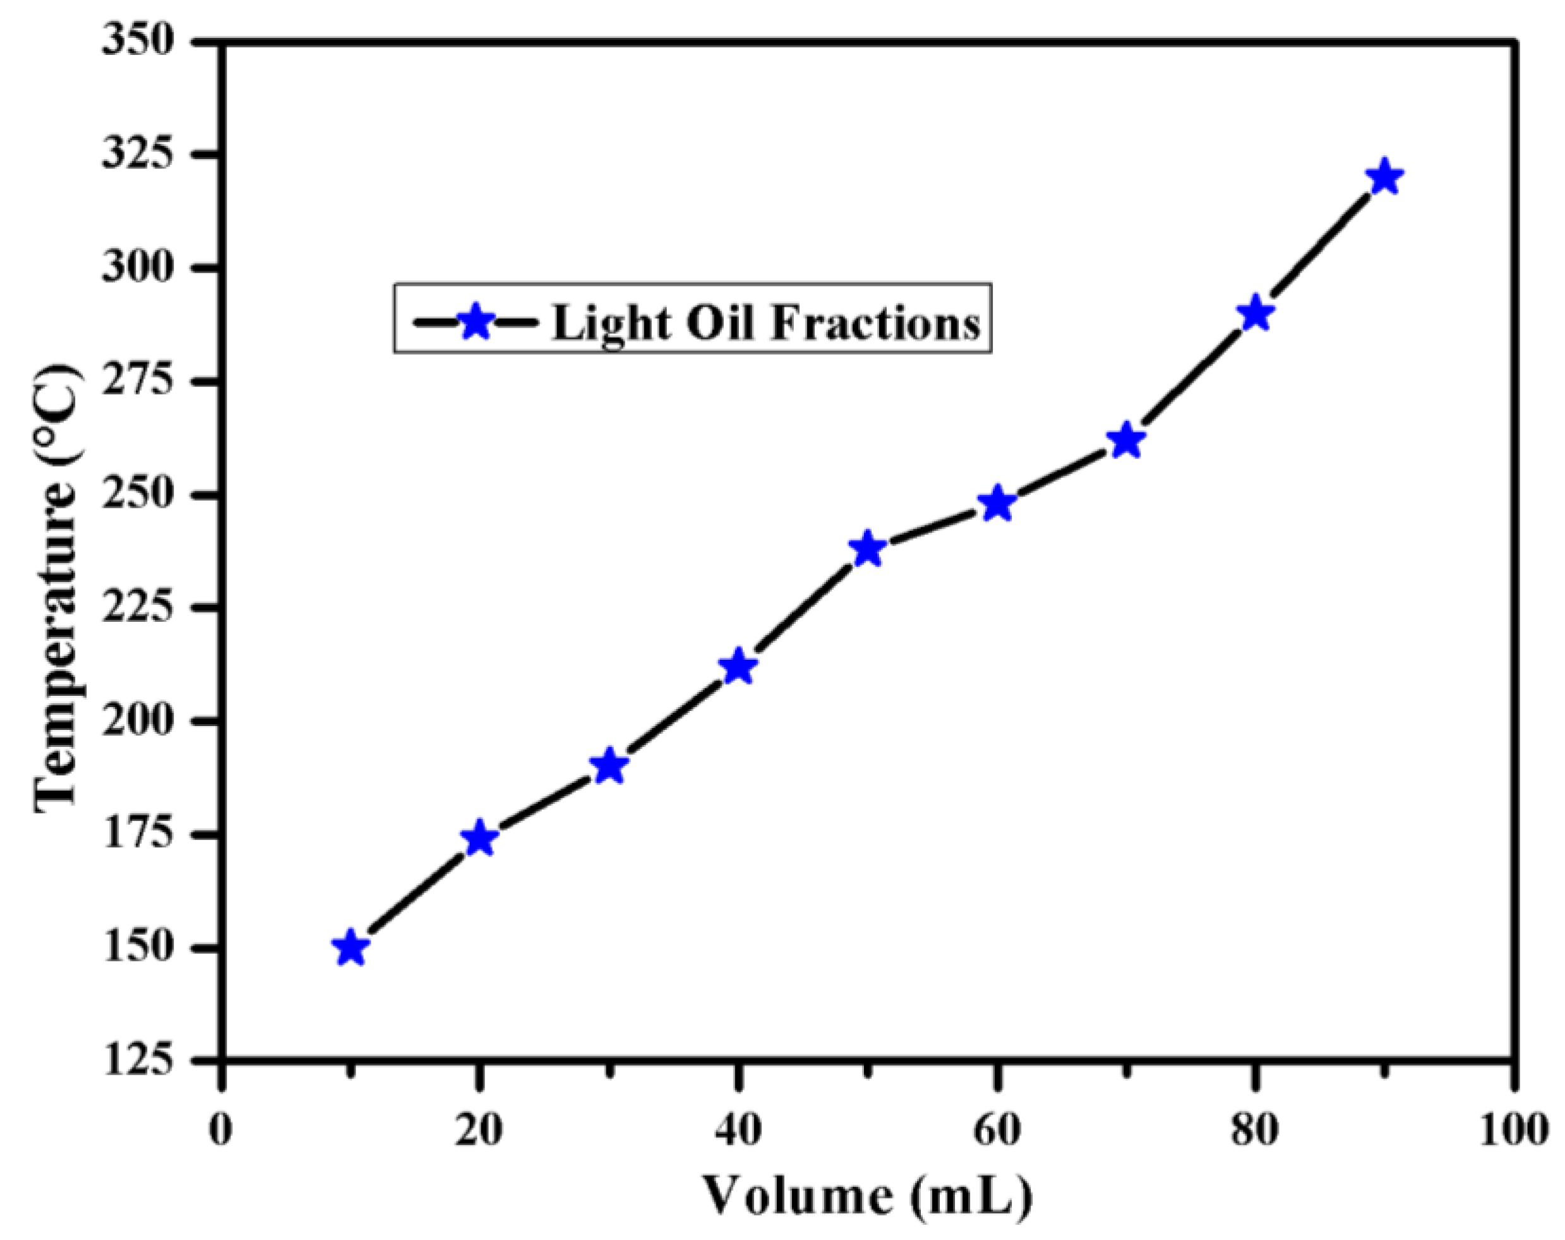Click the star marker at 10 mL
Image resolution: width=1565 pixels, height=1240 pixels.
351,948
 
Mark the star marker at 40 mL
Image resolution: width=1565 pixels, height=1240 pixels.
739,667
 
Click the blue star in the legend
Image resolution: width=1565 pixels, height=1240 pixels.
476,321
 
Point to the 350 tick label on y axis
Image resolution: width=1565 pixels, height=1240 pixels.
138,42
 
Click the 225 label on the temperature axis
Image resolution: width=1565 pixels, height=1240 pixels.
138,608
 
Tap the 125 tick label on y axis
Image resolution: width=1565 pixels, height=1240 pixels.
138,1061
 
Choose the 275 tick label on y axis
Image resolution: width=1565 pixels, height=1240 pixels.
138,381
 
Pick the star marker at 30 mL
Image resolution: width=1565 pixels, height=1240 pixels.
609,766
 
